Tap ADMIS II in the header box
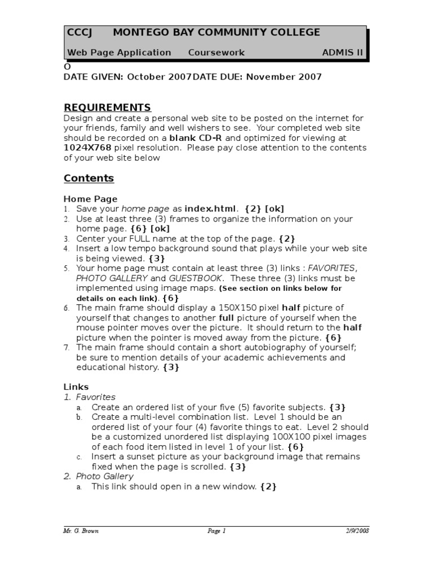click(x=343, y=52)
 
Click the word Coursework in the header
click(x=216, y=52)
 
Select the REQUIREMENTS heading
click(x=107, y=107)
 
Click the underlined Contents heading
click(x=89, y=178)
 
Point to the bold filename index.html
click(x=210, y=208)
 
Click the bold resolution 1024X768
click(x=87, y=148)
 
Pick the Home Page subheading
click(x=90, y=198)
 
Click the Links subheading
click(x=76, y=387)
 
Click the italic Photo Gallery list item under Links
click(x=105, y=476)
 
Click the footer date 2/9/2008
click(x=357, y=530)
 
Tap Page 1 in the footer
click(x=216, y=530)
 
